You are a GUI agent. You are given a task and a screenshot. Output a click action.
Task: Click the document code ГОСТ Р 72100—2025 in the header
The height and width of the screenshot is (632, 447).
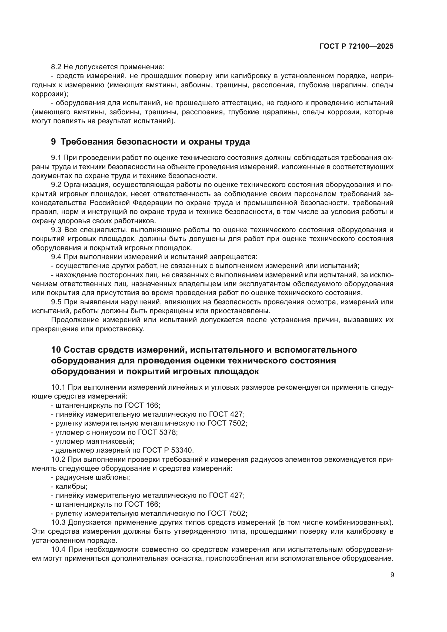(356, 46)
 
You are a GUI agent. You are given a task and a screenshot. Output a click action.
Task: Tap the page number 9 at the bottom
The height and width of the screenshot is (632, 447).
(392, 575)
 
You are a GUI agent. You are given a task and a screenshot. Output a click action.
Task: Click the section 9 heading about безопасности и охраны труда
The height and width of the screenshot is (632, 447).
(151, 142)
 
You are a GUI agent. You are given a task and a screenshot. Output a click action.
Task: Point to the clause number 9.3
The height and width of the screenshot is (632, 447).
(56, 230)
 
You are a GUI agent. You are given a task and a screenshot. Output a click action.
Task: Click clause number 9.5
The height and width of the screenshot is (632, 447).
(56, 302)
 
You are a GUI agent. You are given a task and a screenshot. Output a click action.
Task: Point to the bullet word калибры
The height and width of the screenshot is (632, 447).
(71, 486)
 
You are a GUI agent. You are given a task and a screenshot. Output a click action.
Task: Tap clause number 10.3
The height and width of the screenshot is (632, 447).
(58, 523)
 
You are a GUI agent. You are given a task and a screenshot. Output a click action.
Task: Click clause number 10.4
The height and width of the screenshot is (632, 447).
(58, 550)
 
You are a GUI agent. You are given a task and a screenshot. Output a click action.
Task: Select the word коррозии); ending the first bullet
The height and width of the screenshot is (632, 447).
(50, 94)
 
